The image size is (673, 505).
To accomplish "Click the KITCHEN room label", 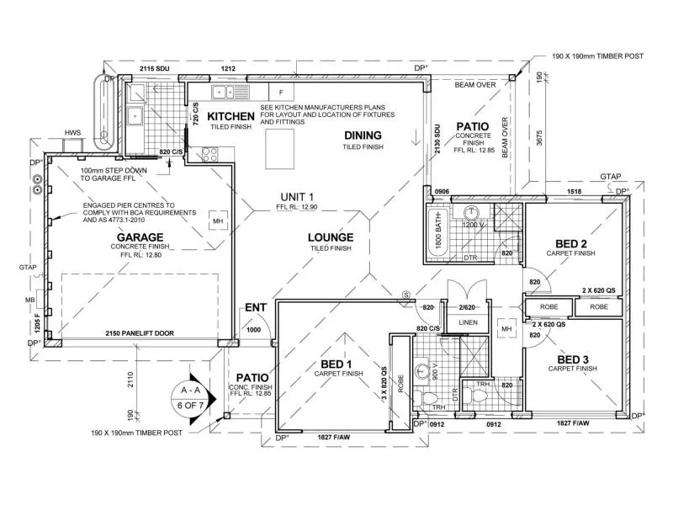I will [x=231, y=116].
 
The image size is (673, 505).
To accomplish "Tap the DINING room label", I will [x=363, y=136].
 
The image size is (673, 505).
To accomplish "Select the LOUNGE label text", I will [x=330, y=237].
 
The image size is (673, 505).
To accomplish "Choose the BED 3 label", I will [x=573, y=359].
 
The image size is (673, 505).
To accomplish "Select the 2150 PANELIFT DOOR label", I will [x=140, y=334].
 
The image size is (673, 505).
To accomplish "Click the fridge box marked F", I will [x=281, y=91].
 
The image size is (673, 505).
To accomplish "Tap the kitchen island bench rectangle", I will [x=284, y=148].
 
